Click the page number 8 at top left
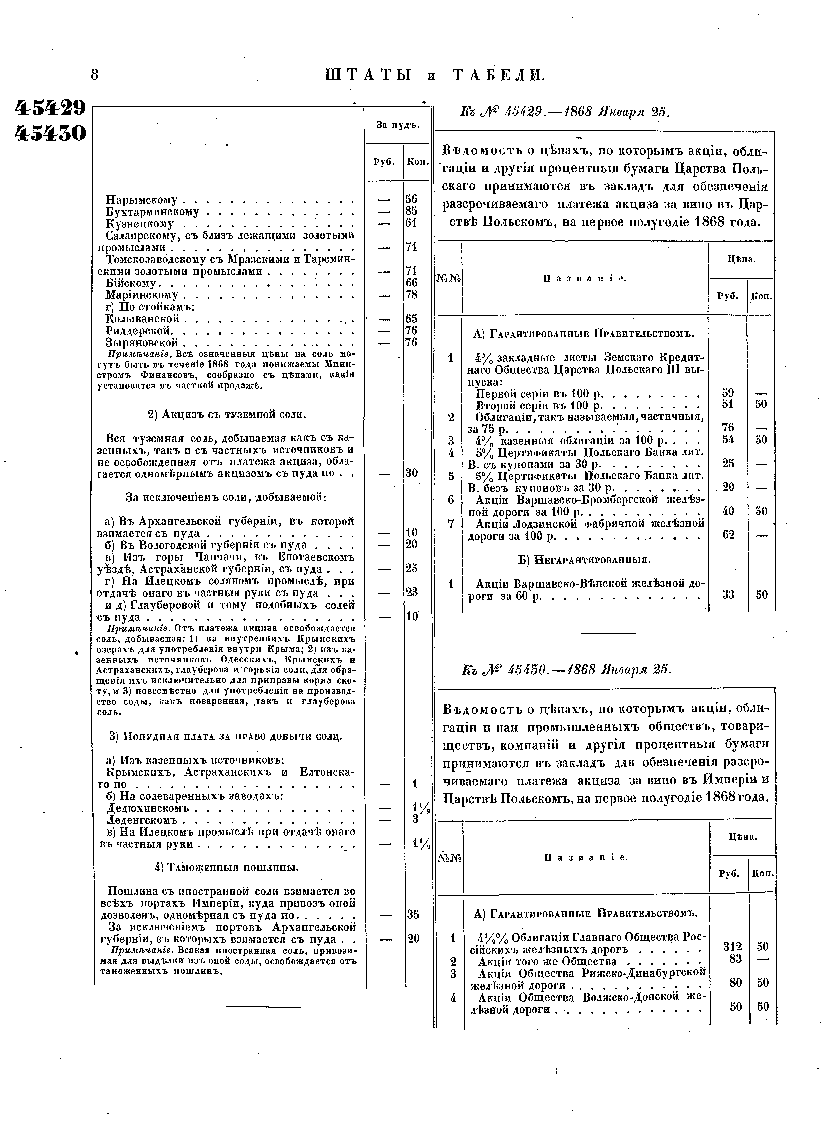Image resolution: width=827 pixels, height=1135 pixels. click(x=95, y=75)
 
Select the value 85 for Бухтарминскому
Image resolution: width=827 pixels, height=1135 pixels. click(x=411, y=211)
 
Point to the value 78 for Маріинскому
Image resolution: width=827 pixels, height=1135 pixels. click(x=411, y=294)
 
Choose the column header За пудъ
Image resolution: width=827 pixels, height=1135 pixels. click(x=397, y=125)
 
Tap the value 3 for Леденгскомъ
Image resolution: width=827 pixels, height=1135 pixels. click(x=415, y=819)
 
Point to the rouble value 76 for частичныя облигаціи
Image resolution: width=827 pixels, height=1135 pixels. click(x=728, y=427)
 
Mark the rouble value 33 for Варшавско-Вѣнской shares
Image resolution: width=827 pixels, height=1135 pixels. click(x=728, y=595)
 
